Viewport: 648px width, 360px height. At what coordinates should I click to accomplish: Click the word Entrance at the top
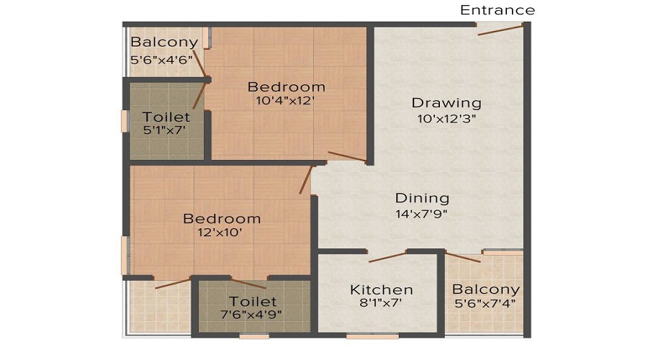tap(498, 10)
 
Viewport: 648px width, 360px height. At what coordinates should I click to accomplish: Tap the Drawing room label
tap(446, 102)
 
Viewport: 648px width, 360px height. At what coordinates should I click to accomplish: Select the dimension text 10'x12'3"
tap(446, 119)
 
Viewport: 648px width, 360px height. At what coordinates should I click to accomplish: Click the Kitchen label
tap(381, 289)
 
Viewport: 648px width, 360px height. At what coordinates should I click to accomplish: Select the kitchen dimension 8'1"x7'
tap(381, 304)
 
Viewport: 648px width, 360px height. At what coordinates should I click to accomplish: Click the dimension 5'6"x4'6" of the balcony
tap(162, 60)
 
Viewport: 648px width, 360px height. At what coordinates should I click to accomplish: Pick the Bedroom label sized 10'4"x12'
tap(286, 87)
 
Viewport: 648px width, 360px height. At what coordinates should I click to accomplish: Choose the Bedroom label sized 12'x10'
tap(221, 218)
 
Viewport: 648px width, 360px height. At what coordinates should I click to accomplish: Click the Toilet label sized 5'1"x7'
tap(166, 117)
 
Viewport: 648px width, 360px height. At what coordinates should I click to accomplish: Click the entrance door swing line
tap(500, 30)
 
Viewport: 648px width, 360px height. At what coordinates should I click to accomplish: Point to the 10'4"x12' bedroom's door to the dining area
tap(347, 157)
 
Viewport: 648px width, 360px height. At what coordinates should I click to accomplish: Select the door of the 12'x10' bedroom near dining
tap(306, 180)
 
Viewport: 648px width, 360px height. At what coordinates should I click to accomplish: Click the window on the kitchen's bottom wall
tap(362, 336)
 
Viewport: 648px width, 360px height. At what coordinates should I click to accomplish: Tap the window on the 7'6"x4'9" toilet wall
tap(254, 336)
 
